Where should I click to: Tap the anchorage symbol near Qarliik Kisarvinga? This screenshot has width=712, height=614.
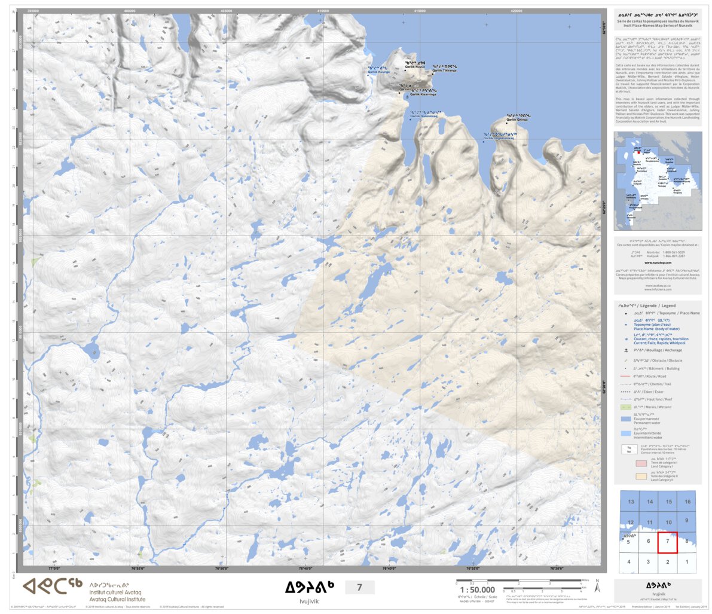coord(407,96)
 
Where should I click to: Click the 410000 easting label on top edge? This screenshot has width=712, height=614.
coord(323,11)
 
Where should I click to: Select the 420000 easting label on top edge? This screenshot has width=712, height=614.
coord(517,11)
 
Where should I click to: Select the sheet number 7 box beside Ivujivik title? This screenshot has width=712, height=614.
coord(359,588)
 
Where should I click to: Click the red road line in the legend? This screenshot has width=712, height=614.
coord(625,376)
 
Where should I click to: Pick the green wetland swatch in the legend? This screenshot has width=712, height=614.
coord(625,407)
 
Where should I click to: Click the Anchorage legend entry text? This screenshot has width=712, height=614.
coord(658,350)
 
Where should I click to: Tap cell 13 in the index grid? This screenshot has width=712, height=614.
coord(631,502)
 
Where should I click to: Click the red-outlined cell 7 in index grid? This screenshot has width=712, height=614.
coord(668,542)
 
